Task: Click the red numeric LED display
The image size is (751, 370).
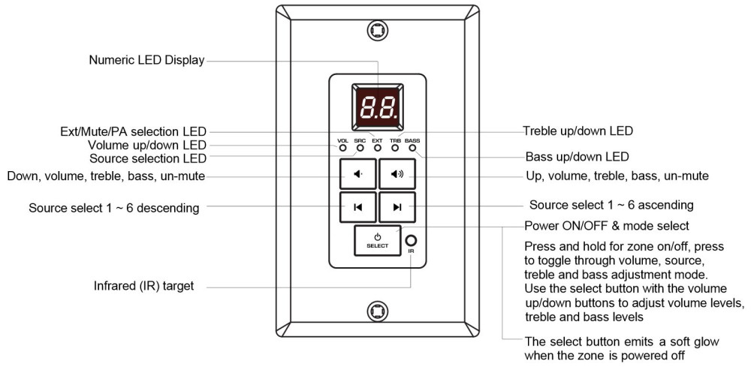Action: pyautogui.click(x=378, y=107)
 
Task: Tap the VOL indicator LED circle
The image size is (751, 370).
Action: pyautogui.click(x=343, y=148)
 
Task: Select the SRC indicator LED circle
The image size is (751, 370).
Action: pyautogui.click(x=360, y=148)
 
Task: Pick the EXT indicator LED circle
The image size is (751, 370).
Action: pyautogui.click(x=378, y=148)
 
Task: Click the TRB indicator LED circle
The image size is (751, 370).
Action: pyautogui.click(x=395, y=148)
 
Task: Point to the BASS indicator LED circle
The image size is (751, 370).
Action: pyautogui.click(x=412, y=148)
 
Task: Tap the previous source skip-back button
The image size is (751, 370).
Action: pyautogui.click(x=357, y=207)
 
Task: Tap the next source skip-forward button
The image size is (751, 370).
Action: pyautogui.click(x=397, y=207)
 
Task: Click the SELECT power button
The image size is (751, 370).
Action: pyautogui.click(x=378, y=240)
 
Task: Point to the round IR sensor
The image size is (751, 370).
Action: pyautogui.click(x=411, y=240)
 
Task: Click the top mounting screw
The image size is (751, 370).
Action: pyautogui.click(x=378, y=31)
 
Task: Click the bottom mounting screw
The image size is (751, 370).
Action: pyautogui.click(x=378, y=311)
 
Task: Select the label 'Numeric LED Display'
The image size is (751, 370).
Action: pyautogui.click(x=146, y=60)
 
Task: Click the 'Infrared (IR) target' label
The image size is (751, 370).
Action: pyautogui.click(x=143, y=286)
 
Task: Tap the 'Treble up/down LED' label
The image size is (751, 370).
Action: pyautogui.click(x=578, y=131)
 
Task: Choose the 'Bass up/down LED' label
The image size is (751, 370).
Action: pyautogui.click(x=577, y=157)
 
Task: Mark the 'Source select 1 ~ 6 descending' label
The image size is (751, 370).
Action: pyautogui.click(x=113, y=208)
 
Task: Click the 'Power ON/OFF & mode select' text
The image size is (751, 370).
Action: pyautogui.click(x=607, y=225)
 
